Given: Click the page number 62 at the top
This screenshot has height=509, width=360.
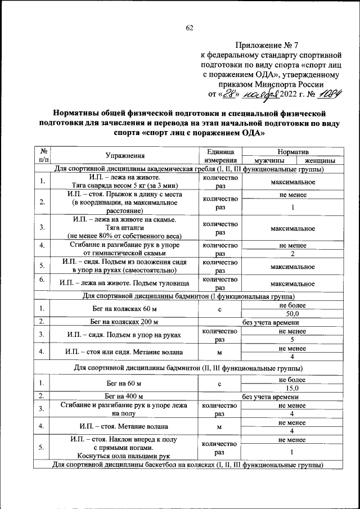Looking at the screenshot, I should pos(189,28).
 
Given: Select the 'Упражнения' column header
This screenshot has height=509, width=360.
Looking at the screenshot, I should pos(125,156).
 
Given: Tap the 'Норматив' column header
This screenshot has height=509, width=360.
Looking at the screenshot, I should pos(292,152).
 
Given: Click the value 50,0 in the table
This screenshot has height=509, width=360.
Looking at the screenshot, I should pos(292,314).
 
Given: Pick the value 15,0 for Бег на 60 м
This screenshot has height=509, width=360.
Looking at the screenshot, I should pos(292,388).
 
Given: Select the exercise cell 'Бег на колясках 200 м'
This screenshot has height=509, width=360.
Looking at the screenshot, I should pos(125,322).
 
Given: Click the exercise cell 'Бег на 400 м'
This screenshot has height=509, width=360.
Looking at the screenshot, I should pos(125,397).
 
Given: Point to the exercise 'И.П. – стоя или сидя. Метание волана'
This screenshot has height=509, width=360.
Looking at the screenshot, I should pos(125,352).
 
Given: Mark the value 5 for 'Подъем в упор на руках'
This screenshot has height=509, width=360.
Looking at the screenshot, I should pos(292,340).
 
